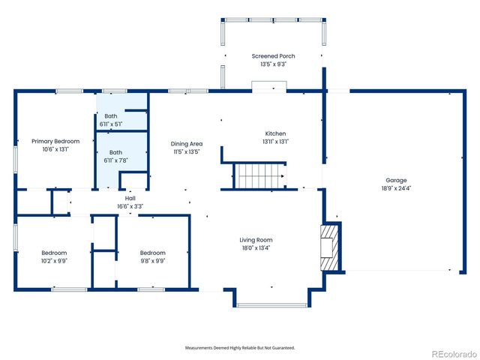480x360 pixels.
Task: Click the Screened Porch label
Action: [x=274, y=56]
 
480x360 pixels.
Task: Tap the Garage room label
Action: [x=396, y=181]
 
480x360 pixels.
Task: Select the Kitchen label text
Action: [x=275, y=133]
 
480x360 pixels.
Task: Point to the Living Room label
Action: [x=256, y=240]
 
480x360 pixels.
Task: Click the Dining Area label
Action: [x=186, y=144]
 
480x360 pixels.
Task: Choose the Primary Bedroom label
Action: [x=55, y=141]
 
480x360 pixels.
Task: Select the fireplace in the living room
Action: [x=328, y=247]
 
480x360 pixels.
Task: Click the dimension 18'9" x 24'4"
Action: [x=396, y=188]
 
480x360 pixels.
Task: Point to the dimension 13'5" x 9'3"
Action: [x=274, y=64]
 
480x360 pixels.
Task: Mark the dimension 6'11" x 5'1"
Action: [x=110, y=124]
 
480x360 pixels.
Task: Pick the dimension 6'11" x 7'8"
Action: [x=115, y=160]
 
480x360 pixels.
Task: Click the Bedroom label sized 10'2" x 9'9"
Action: [x=54, y=253]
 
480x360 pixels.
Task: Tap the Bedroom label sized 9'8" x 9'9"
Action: [x=152, y=253]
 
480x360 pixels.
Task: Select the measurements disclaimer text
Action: [x=240, y=348]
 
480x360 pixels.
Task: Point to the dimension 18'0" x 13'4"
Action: [x=256, y=248]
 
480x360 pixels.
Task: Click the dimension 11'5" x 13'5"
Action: [x=186, y=152]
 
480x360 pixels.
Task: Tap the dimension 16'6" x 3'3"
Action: [x=130, y=206]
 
